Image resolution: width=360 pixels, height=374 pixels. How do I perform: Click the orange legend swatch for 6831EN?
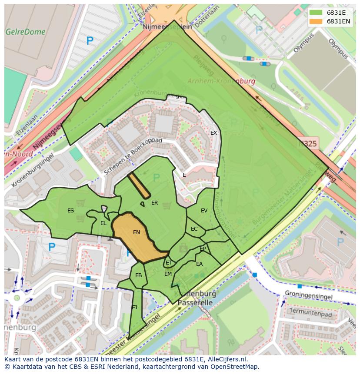click(316, 21)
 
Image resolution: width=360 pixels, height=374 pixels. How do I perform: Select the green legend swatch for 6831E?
click(316, 13)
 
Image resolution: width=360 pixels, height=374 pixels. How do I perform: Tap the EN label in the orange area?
click(137, 232)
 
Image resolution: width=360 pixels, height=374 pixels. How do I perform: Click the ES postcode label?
click(70, 211)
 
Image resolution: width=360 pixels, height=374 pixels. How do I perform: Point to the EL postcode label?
click(103, 223)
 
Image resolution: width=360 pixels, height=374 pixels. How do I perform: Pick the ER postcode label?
click(154, 203)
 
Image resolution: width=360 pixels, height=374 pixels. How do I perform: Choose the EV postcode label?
click(204, 211)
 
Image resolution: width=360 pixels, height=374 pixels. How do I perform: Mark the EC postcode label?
click(194, 229)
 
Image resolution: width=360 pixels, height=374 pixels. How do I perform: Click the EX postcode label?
click(213, 133)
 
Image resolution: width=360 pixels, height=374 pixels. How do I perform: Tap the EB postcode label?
click(138, 275)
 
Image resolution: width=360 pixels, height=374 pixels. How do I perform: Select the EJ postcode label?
click(134, 307)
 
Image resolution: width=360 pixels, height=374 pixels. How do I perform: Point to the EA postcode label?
click(199, 264)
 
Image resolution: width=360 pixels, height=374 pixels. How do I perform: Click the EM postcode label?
click(168, 274)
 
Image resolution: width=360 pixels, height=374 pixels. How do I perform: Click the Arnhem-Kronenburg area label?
click(221, 81)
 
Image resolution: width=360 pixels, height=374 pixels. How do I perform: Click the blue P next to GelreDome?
click(90, 41)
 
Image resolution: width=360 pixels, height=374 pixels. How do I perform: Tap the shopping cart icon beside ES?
click(80, 202)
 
